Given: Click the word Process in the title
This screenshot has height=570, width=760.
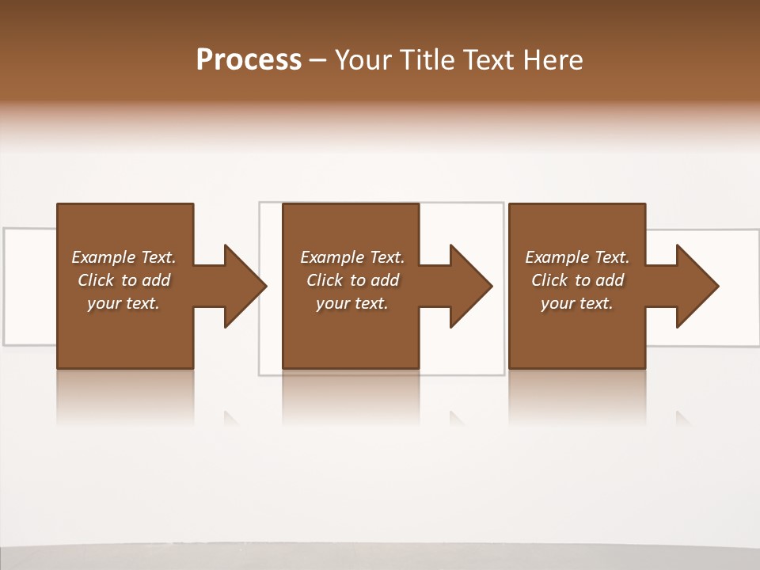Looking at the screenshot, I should click(249, 60).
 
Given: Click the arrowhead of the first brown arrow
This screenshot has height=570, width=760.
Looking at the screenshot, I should click(245, 286).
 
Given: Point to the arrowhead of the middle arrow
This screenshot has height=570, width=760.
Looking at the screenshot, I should click(470, 286).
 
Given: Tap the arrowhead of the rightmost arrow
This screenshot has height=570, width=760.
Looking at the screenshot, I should click(697, 286).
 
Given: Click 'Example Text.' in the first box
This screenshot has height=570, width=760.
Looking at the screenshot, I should click(123, 257).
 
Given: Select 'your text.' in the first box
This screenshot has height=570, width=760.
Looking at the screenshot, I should click(123, 303).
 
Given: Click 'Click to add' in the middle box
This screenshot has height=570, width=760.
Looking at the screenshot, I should click(352, 280).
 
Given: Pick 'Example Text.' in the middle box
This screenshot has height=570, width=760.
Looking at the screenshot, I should click(352, 257).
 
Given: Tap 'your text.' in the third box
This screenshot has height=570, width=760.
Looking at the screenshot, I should click(577, 303).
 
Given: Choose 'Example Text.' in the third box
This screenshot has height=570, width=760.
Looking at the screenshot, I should click(577, 257).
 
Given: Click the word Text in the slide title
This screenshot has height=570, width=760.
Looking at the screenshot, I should click(487, 60).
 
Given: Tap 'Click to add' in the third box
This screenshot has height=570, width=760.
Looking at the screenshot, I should click(577, 280).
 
